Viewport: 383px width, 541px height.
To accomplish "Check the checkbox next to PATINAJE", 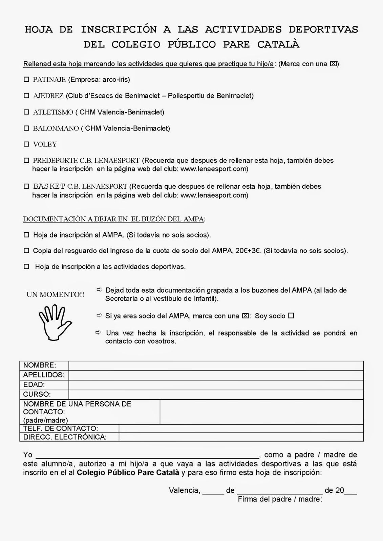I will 26,80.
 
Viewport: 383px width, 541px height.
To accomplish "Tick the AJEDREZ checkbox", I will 26,96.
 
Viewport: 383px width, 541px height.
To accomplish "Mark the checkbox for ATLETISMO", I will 26,112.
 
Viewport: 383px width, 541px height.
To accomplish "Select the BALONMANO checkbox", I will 26,128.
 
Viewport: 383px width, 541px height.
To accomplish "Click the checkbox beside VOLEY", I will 26,144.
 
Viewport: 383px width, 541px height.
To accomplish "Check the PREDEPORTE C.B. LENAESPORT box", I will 26,160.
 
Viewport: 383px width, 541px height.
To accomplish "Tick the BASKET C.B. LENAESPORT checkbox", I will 26,186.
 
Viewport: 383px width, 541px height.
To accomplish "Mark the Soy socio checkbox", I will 291,316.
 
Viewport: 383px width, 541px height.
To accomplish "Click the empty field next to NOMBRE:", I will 216,366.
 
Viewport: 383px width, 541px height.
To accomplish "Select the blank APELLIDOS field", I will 216,375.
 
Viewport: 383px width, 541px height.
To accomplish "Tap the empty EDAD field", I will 216,385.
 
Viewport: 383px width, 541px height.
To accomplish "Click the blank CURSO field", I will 216,394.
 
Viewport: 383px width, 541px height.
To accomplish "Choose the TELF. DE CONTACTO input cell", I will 241,429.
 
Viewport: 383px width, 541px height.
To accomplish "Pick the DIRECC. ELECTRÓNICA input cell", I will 241,437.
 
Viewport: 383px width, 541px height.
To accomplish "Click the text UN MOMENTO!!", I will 55,295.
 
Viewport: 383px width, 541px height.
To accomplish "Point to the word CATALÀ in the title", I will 278,45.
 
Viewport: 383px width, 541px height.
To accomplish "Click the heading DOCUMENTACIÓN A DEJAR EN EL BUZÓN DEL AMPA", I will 114,219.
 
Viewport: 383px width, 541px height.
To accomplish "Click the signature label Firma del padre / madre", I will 280,499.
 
